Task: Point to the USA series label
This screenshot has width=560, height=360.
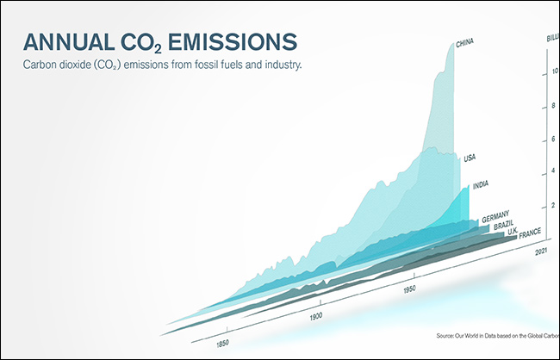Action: tap(470, 158)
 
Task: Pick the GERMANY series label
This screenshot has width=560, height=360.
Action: tap(497, 214)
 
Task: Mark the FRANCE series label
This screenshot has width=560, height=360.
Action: tap(529, 233)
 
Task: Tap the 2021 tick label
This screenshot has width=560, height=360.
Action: tap(542, 251)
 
